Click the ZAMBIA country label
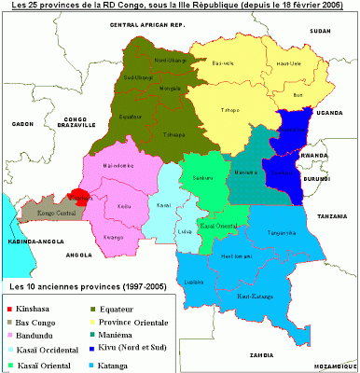(253, 356)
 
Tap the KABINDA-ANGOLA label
(27, 241)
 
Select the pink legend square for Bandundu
(11, 333)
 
